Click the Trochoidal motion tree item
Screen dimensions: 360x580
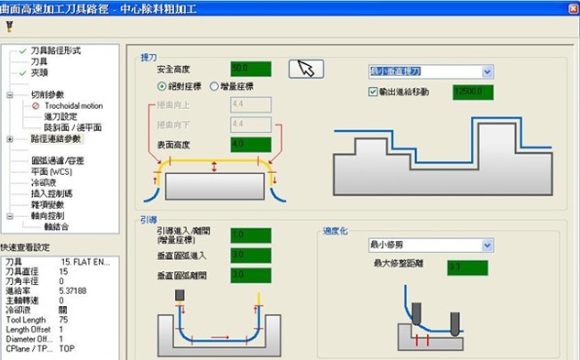click(x=66, y=105)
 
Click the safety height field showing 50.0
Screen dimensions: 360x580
click(x=251, y=69)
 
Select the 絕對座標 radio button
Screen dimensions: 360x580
click(x=162, y=86)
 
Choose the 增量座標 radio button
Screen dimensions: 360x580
click(x=213, y=86)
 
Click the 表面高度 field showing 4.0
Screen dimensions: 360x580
click(x=250, y=144)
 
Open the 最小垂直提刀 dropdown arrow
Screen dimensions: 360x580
click(x=487, y=71)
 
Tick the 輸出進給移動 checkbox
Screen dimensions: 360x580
click(x=373, y=92)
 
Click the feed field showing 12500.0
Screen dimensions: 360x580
click(x=473, y=92)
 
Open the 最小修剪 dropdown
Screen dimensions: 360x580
click(x=487, y=245)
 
